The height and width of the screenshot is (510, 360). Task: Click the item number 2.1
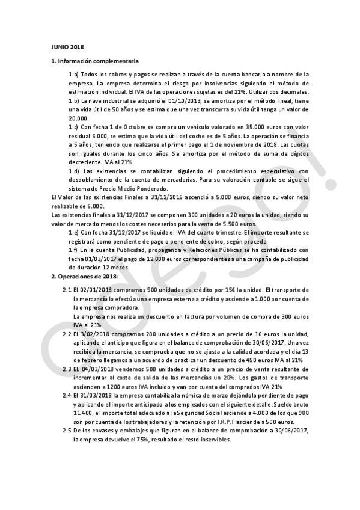click(x=67, y=289)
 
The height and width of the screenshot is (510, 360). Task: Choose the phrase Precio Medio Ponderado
click(x=125, y=188)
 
